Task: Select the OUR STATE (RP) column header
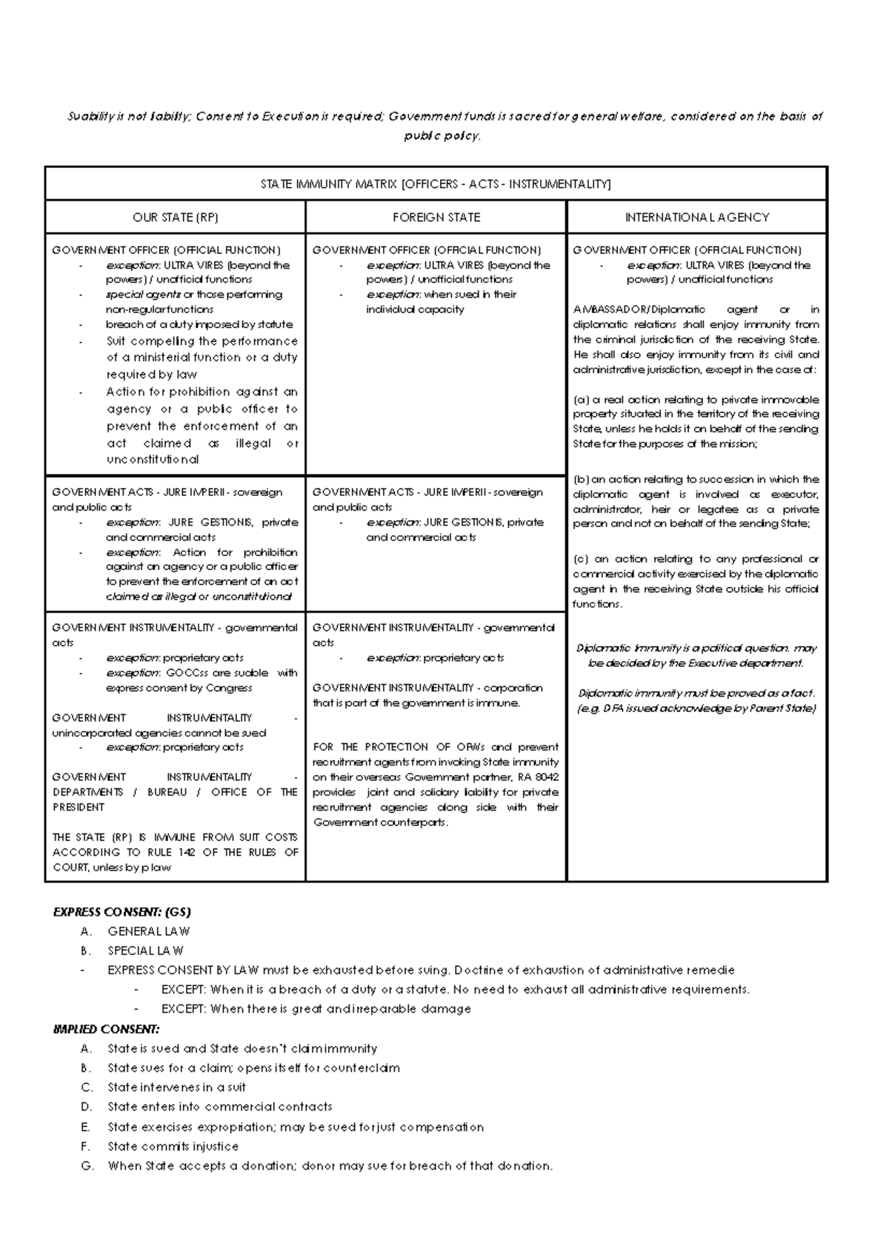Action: [176, 217]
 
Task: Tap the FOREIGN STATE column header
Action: [436, 217]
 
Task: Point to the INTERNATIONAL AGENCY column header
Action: [696, 217]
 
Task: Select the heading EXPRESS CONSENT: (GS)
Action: [121, 912]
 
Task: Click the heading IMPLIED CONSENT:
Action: [106, 1029]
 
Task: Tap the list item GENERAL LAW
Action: [148, 931]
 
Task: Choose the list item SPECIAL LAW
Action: [145, 951]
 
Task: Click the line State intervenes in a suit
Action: [176, 1087]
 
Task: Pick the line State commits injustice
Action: [173, 1146]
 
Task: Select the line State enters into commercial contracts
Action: [219, 1107]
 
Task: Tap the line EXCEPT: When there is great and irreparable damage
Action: [316, 1009]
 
